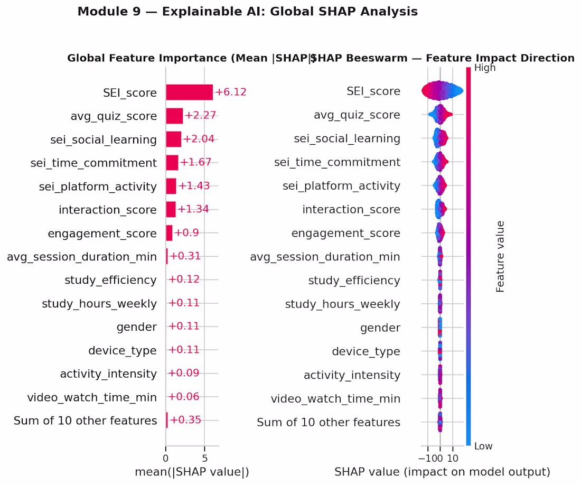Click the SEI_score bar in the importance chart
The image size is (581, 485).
pyautogui.click(x=189, y=92)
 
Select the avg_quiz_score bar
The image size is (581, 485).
pyautogui.click(x=174, y=116)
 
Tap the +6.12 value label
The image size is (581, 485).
pyautogui.click(x=230, y=92)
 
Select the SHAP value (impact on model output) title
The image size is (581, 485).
pyautogui.click(x=442, y=471)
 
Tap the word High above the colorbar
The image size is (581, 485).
pyautogui.click(x=485, y=68)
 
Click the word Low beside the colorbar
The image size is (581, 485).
pyautogui.click(x=483, y=446)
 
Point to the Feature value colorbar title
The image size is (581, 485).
pyautogui.click(x=501, y=257)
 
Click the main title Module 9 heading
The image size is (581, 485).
pyautogui.click(x=248, y=12)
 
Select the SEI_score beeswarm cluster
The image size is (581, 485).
pyautogui.click(x=442, y=91)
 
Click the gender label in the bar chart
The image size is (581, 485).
pyautogui.click(x=137, y=327)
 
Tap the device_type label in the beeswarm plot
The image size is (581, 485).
pyautogui.click(x=366, y=351)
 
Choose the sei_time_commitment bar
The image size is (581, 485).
pyautogui.click(x=172, y=163)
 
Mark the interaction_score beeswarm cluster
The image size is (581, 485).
pyautogui.click(x=440, y=209)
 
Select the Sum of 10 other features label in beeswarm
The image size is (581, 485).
pyautogui.click(x=328, y=423)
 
